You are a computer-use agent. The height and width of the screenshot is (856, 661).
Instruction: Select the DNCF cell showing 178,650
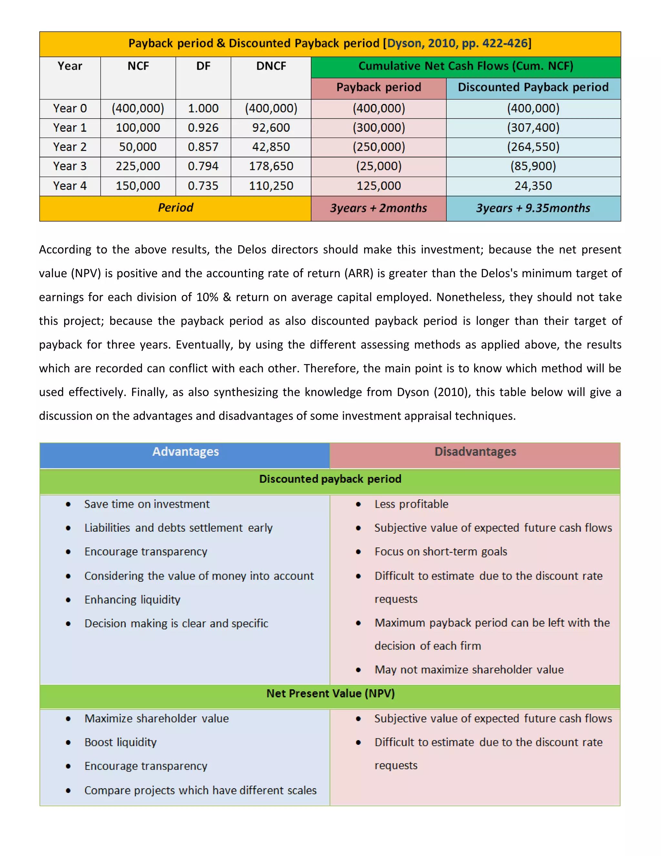coord(271,166)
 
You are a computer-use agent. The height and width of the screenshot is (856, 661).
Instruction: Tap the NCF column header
coord(138,66)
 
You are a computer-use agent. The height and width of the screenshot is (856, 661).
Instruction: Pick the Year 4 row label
coord(70,186)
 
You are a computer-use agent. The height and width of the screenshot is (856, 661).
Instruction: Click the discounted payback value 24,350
coord(533,186)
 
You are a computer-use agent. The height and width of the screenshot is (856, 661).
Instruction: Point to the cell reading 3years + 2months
coord(378,208)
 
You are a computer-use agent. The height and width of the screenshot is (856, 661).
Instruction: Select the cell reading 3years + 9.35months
coord(533,208)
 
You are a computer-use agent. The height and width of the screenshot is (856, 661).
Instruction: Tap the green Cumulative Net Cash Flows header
coord(466,66)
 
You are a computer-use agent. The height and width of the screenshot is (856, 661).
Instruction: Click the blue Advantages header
coord(185,452)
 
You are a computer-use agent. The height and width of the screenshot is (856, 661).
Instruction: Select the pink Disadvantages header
coord(475,452)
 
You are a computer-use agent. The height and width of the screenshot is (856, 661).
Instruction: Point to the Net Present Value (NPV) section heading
coord(330,693)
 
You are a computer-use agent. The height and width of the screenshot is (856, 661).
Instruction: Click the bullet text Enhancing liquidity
coord(132,600)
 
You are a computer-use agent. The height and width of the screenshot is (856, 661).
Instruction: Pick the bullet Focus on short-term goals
coord(441,552)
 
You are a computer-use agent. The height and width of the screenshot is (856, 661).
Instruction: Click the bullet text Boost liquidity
coord(120,742)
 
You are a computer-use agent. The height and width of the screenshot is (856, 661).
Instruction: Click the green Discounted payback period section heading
coord(330,479)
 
